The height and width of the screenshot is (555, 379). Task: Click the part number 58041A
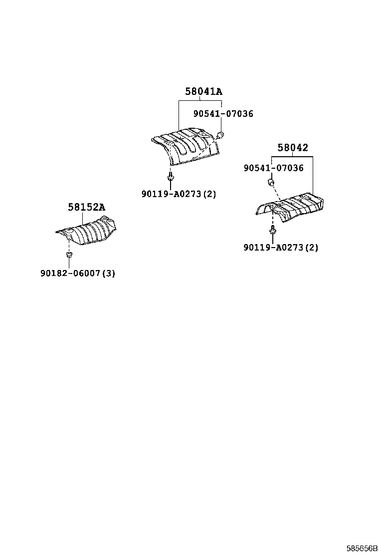click(203, 92)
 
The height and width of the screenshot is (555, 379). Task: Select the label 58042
click(292, 148)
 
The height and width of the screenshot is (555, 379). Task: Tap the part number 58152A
click(87, 207)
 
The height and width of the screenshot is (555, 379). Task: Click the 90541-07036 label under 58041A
click(223, 114)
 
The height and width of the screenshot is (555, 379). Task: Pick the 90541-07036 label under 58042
click(273, 168)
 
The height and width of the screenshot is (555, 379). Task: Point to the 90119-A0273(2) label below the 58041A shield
click(179, 194)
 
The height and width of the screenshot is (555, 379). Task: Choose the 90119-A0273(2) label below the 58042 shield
click(281, 248)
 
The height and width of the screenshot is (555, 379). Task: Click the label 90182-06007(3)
click(78, 273)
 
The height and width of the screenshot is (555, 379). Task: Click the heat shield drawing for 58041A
click(186, 146)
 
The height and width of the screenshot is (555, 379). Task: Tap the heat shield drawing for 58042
click(290, 208)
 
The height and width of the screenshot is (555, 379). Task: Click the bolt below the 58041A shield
click(171, 177)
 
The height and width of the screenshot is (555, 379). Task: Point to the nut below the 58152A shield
click(69, 255)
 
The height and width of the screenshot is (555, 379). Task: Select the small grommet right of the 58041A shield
click(220, 134)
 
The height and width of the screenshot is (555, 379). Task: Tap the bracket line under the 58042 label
click(292, 157)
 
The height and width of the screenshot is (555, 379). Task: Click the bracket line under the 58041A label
click(200, 101)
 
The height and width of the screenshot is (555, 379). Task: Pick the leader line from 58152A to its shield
click(83, 219)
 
